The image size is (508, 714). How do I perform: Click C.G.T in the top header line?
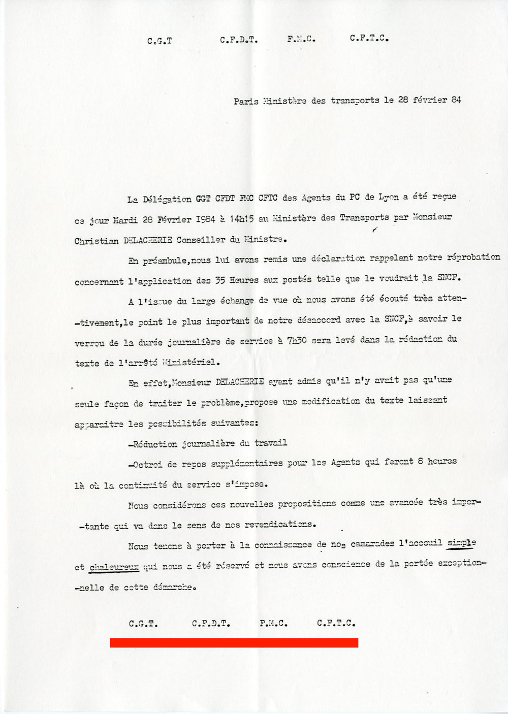[159, 41]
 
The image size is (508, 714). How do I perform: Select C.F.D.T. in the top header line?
[239, 40]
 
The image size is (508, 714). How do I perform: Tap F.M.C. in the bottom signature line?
[273, 623]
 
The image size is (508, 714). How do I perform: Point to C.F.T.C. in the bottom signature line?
[336, 623]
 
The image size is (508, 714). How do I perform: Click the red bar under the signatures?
[234, 643]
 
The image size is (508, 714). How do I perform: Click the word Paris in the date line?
[246, 101]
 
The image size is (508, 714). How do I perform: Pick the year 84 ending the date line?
[456, 100]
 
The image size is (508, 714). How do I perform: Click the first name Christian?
[97, 241]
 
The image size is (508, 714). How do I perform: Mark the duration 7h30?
[297, 340]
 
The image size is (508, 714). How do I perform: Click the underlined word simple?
[461, 542]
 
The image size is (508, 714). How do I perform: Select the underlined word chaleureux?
[114, 567]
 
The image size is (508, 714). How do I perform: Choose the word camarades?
[372, 543]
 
